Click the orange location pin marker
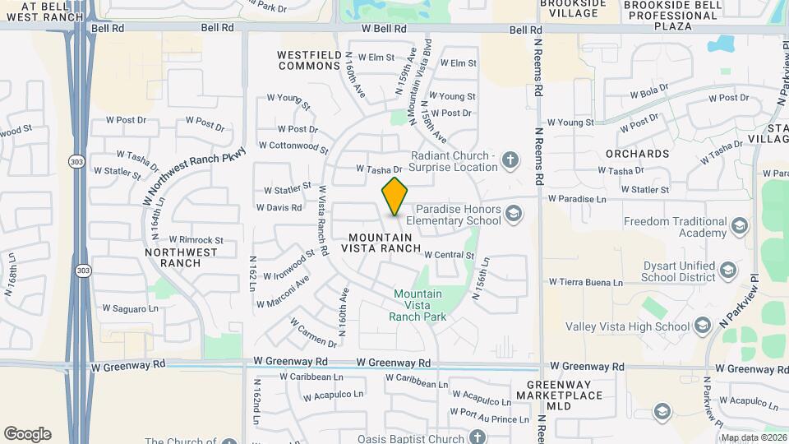[x=395, y=196]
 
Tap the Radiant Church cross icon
[x=510, y=160]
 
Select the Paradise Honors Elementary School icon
[x=514, y=214]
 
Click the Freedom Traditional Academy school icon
[x=739, y=226]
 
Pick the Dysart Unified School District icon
[x=727, y=270]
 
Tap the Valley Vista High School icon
[x=702, y=326]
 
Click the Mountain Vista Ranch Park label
[x=417, y=305]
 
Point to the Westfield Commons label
[x=309, y=60]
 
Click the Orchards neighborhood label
[x=637, y=154]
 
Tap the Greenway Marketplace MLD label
[x=560, y=395]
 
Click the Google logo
[x=27, y=434]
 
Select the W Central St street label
[x=450, y=256]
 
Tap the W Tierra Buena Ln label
[x=586, y=283]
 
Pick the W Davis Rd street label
[x=279, y=208]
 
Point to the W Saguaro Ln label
[x=130, y=309]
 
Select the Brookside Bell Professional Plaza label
[x=671, y=16]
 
